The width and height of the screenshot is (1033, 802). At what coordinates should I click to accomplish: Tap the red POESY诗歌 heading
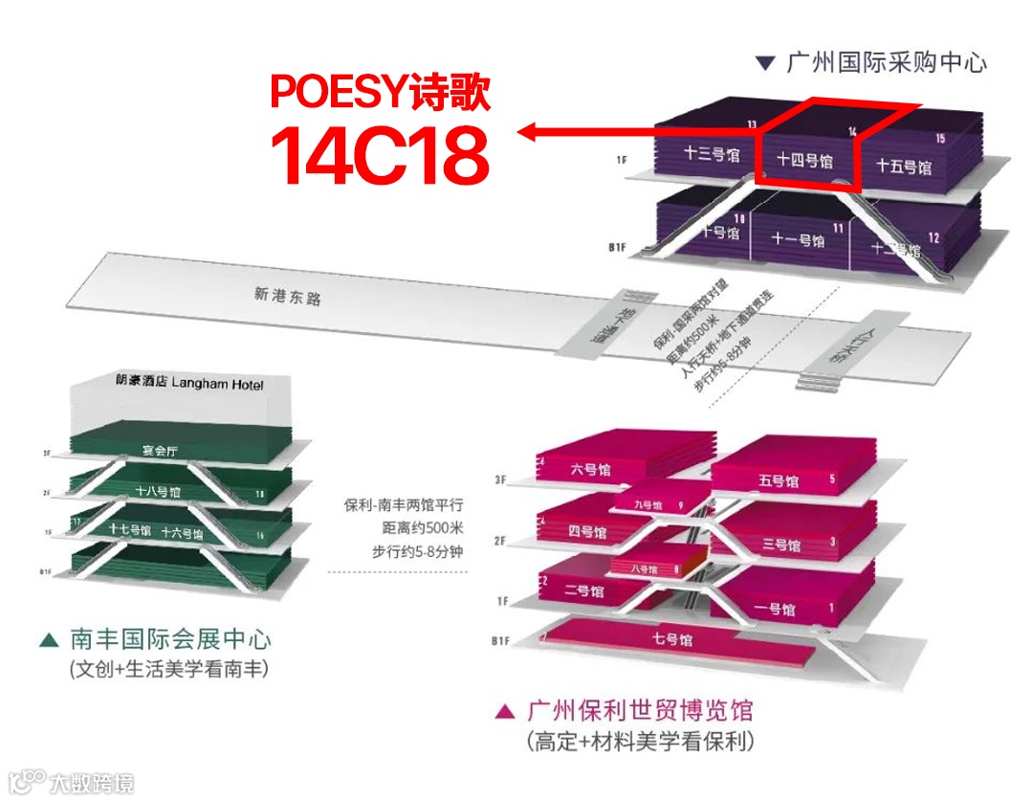click(381, 93)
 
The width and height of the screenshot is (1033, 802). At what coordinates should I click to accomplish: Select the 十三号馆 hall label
click(712, 154)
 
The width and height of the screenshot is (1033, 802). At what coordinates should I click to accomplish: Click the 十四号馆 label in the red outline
click(803, 160)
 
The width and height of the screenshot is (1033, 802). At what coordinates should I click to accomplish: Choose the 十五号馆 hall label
click(904, 167)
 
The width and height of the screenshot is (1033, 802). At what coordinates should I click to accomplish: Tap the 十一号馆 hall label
click(799, 239)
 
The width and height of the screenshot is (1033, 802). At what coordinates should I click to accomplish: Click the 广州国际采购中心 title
click(885, 63)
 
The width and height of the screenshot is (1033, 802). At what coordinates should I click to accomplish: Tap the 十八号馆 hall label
click(158, 492)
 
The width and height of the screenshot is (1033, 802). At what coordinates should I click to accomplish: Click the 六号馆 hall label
click(590, 470)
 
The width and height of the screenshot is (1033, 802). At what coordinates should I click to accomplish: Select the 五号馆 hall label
click(779, 480)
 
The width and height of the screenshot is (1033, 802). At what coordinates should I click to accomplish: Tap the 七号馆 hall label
click(671, 639)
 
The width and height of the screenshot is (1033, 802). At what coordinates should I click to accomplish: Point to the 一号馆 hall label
click(775, 609)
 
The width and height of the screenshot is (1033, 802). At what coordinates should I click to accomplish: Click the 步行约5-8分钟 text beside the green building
click(417, 551)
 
